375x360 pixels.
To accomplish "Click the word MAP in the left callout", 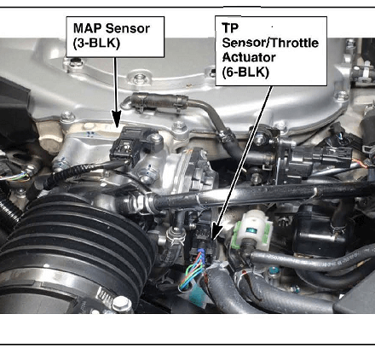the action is [87, 28].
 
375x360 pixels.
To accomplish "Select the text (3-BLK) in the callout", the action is [96, 44].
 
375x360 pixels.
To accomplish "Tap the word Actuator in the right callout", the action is [249, 57].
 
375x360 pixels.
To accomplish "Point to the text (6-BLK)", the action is [245, 73].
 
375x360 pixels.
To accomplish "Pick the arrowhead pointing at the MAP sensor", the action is [116, 119].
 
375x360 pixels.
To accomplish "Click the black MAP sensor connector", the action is [124, 148].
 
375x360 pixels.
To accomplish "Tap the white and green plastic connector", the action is [251, 229].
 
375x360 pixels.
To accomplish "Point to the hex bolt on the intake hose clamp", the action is [122, 304].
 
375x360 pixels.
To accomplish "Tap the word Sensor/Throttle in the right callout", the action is [270, 43].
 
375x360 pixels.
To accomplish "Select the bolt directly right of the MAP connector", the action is [155, 138].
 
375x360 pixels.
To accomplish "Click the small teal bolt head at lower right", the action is [273, 270].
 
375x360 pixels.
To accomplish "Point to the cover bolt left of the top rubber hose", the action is [139, 77].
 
